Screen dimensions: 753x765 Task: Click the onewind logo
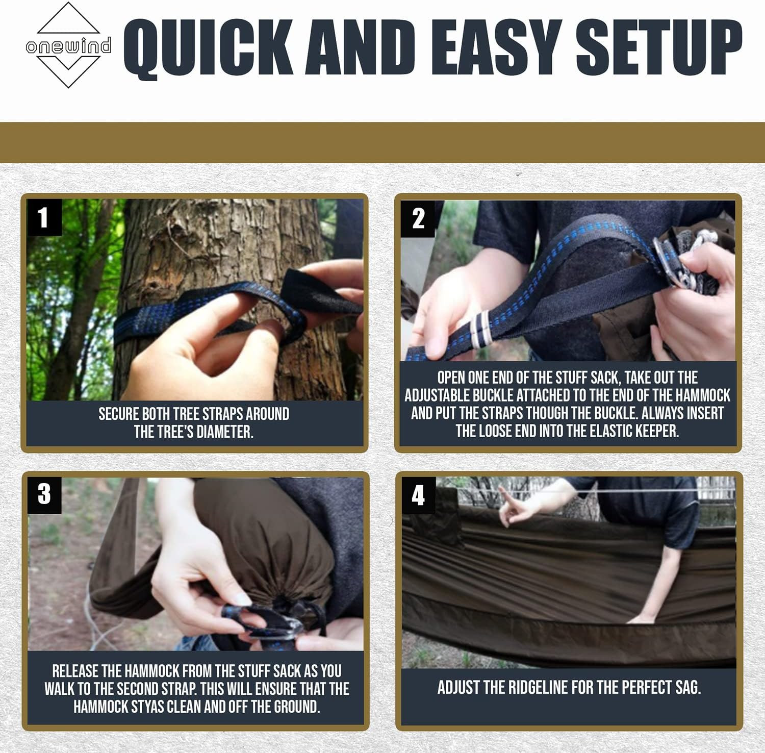click(x=68, y=46)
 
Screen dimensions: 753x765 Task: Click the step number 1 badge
click(x=44, y=217)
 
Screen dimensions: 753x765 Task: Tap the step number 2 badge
click(x=418, y=219)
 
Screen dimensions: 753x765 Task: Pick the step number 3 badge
click(x=44, y=494)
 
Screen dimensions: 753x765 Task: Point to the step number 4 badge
click(x=418, y=495)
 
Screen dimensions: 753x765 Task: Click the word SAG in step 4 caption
click(x=687, y=687)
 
